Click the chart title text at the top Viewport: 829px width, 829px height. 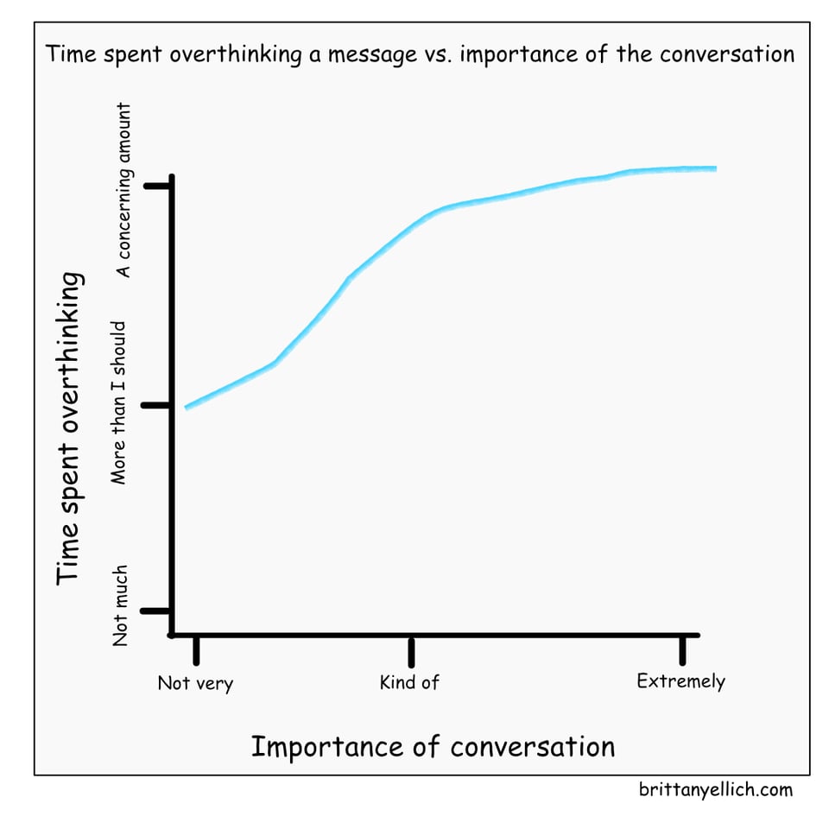tap(420, 54)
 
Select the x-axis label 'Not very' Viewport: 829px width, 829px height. tap(195, 684)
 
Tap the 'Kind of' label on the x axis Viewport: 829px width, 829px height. tap(409, 682)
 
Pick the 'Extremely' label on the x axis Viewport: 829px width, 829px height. tap(680, 681)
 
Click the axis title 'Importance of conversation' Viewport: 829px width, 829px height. tap(433, 746)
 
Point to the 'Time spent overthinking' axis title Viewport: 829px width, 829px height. tap(70, 427)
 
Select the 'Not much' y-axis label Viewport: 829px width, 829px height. tap(122, 605)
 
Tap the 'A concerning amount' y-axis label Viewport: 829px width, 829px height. tap(124, 190)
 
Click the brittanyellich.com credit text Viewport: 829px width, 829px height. tap(716, 789)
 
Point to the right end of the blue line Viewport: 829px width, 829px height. tap(715, 168)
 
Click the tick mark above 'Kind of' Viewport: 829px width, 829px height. tap(411, 650)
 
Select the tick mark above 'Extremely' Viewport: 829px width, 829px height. tap(683, 649)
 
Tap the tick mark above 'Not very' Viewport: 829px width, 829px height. tap(196, 649)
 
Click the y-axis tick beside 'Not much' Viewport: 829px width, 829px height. tap(156, 611)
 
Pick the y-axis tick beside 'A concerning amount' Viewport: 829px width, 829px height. tap(158, 186)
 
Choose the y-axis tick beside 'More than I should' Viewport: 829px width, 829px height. tap(157, 405)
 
